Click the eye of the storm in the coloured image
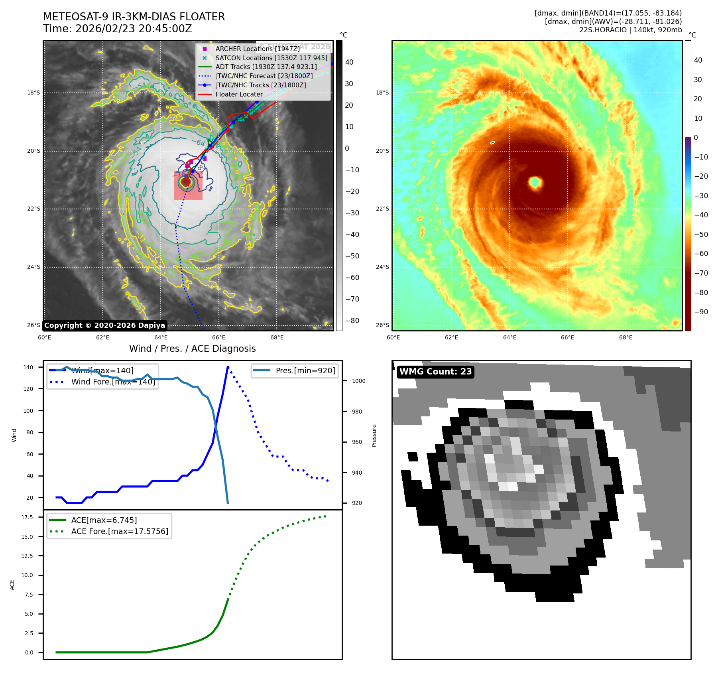[535, 182]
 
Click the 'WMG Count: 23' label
[435, 372]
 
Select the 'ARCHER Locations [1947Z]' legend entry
[257, 49]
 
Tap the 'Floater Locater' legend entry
[239, 95]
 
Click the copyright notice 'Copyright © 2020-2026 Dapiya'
[104, 325]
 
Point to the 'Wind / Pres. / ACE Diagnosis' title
[192, 349]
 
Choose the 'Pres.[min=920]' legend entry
[305, 371]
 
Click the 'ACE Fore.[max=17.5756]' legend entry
[120, 531]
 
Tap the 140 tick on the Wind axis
[28, 367]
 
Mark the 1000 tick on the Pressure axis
[358, 381]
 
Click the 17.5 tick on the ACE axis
[27, 517]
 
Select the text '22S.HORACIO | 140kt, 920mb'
[630, 30]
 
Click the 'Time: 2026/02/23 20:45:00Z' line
[117, 29]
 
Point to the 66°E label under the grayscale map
[218, 337]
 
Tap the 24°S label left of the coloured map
[382, 267]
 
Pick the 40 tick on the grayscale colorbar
[349, 62]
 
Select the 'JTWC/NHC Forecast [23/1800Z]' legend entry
[264, 76]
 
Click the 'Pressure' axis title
[374, 436]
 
